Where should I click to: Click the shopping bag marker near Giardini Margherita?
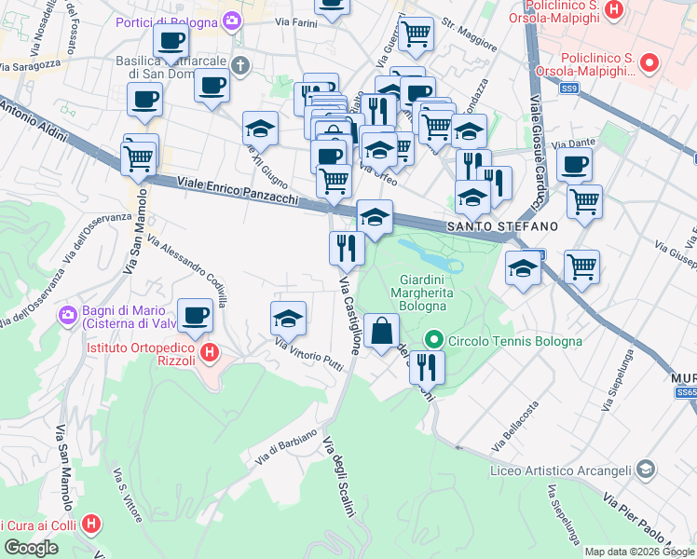point(382,330)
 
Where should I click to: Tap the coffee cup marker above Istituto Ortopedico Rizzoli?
point(196,316)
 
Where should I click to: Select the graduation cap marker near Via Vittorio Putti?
point(289,319)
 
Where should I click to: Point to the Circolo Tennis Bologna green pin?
point(433,341)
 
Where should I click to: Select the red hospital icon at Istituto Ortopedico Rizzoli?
point(211,353)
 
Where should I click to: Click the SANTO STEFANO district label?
point(501,226)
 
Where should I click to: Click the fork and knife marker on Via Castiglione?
point(345,248)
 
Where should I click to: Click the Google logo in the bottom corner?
point(32,548)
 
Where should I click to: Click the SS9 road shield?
point(570,89)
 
